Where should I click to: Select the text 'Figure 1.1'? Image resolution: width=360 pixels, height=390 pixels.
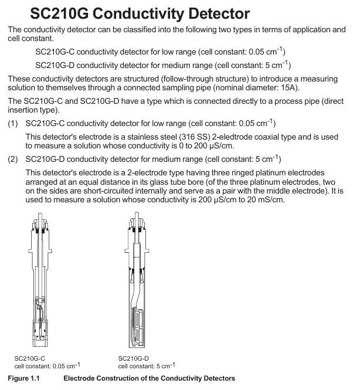(24, 378)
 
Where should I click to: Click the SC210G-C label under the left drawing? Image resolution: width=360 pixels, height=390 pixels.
(30, 358)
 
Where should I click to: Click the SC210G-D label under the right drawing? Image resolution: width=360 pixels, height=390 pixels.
(134, 358)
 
